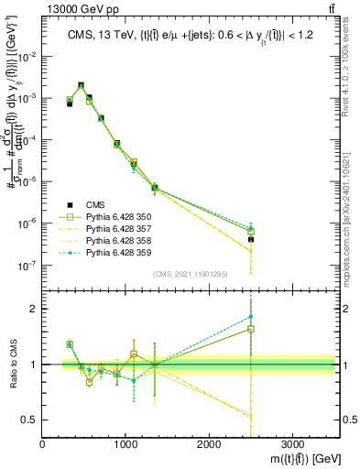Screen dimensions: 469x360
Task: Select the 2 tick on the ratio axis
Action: pyautogui.click(x=35, y=310)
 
